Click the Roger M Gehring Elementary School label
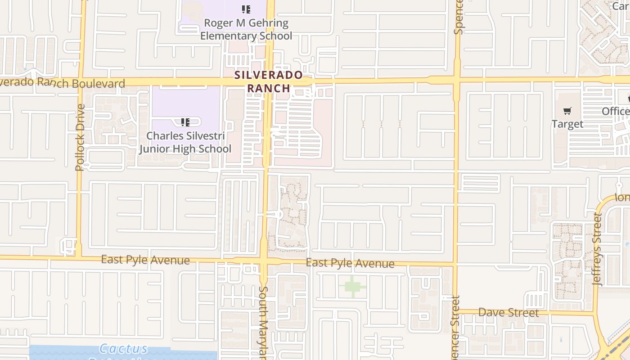(246, 29)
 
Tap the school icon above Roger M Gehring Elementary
(246, 9)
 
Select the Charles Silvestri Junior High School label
(185, 142)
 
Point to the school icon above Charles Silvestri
(185, 122)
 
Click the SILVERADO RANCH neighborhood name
(269, 81)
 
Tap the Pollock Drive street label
(80, 137)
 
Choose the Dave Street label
(508, 312)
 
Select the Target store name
(567, 124)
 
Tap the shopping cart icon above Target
(567, 111)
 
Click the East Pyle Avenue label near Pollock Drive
(145, 260)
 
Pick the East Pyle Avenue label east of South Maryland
(350, 263)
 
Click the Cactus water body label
(123, 349)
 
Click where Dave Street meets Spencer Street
(456, 311)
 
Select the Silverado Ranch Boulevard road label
(63, 83)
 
